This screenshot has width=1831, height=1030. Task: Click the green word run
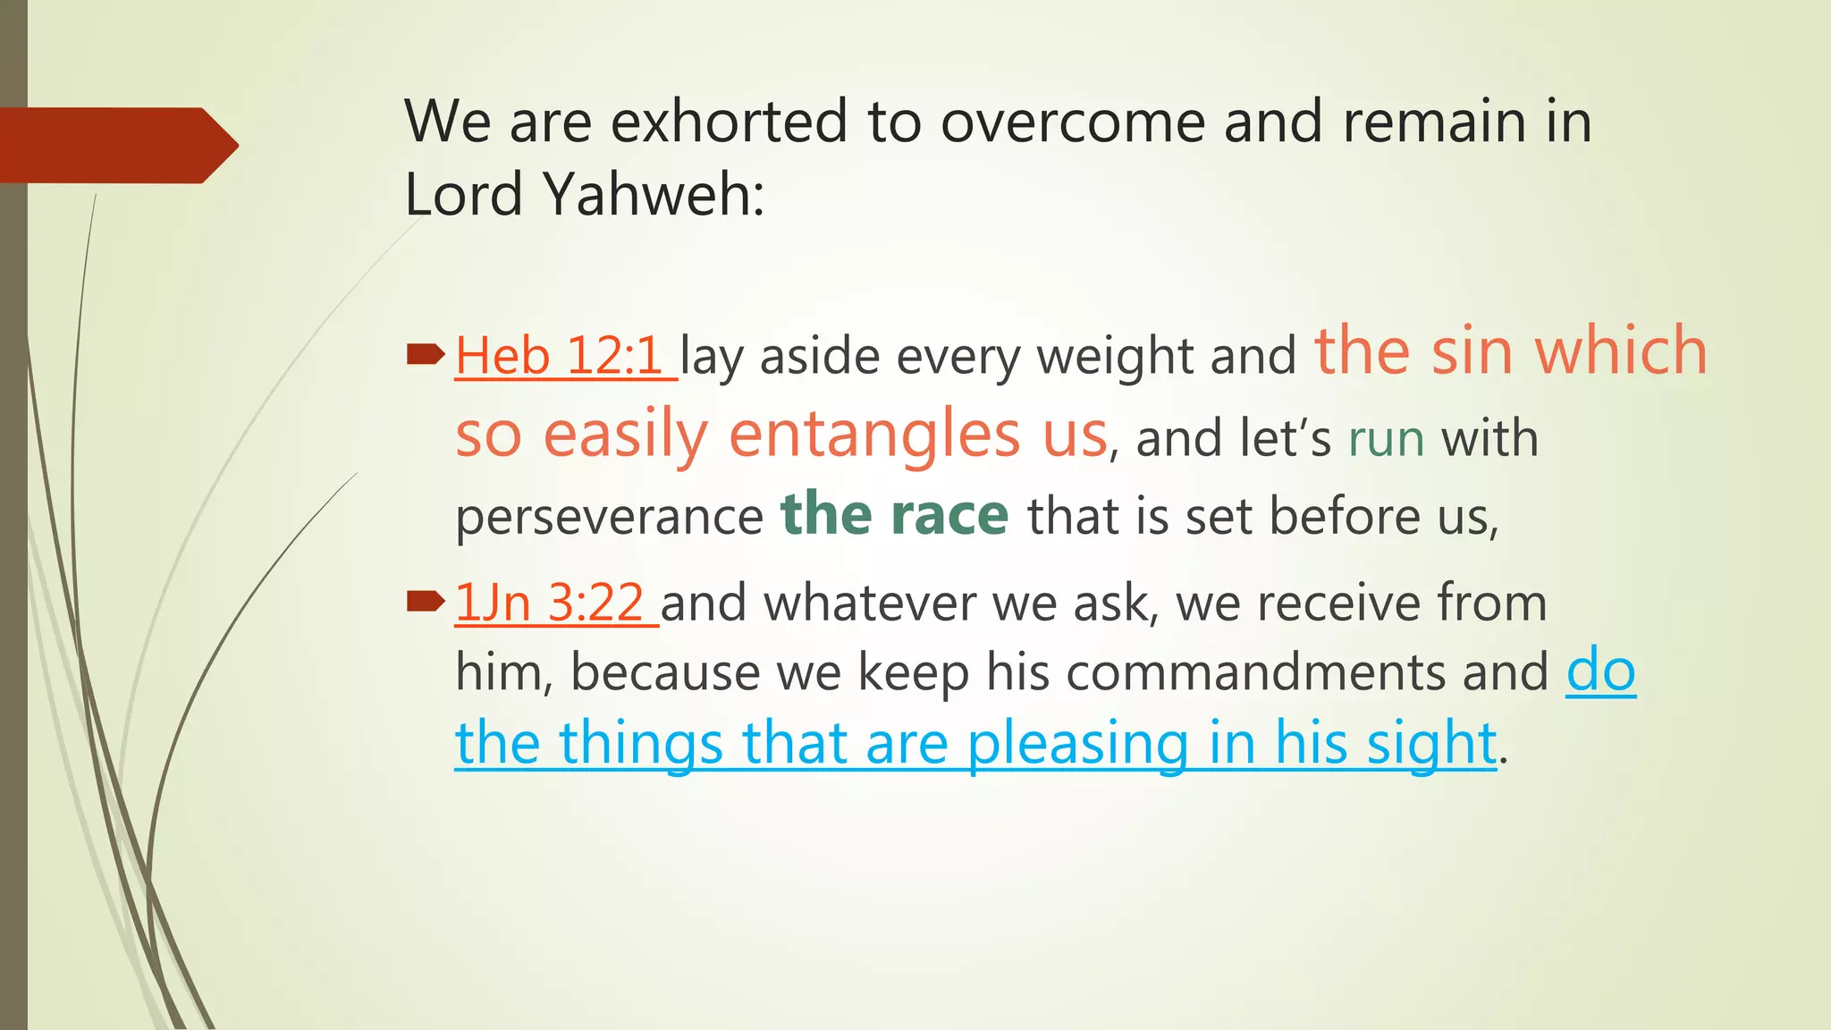(1386, 440)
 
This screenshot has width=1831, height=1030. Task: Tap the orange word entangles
(873, 435)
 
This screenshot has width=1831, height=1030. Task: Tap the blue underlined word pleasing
(1077, 744)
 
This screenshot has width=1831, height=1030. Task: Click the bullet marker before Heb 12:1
(426, 356)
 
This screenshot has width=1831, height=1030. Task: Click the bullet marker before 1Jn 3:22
(426, 602)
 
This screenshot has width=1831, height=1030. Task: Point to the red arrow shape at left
(116, 145)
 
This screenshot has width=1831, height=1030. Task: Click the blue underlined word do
(1600, 671)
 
